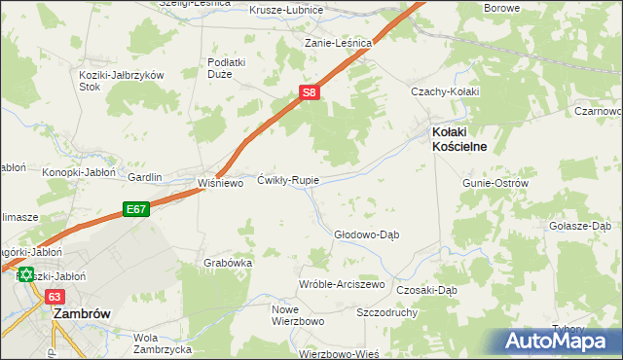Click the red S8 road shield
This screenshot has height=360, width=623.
pos(308,92)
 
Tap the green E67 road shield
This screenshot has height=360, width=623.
pos(134,207)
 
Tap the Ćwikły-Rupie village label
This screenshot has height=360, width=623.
pos(288,180)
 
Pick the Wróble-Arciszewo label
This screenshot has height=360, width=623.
pos(342,284)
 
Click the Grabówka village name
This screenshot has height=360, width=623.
pos(229,263)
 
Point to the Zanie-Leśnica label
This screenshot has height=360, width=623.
pos(339,43)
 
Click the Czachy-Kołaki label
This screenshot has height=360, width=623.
pos(441,91)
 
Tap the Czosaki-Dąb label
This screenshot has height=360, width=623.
pos(427,290)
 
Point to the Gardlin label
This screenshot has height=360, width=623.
pos(144,177)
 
